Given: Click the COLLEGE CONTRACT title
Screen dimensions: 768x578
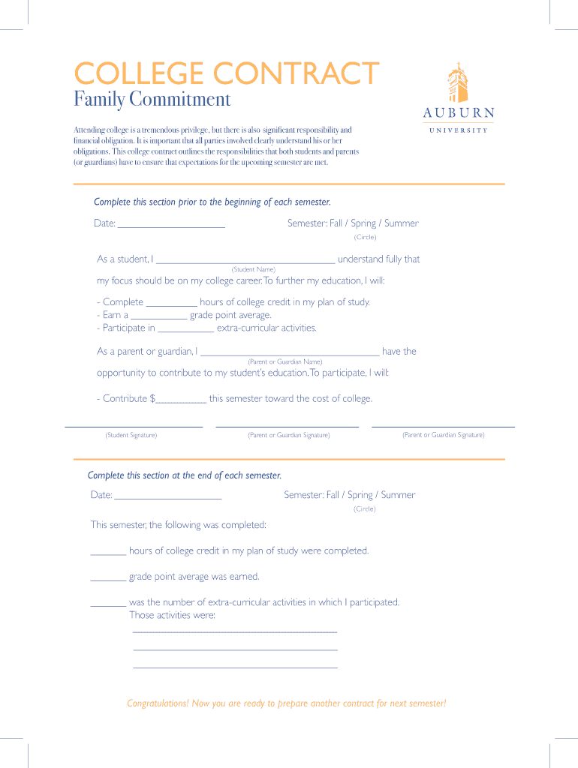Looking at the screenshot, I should pos(226,73).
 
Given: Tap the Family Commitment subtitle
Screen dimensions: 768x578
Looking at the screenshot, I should pos(152,99).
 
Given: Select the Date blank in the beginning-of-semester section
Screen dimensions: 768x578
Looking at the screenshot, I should pos(171,224).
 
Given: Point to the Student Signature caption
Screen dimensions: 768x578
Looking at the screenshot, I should pos(131,435).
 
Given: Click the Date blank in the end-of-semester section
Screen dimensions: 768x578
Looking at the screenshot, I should pos(168,496).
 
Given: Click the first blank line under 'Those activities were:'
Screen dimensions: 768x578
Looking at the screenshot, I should pos(235,631).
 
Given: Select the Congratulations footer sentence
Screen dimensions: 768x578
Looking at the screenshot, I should pos(286,703).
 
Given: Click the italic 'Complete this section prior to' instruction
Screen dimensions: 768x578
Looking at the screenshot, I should pos(212,202).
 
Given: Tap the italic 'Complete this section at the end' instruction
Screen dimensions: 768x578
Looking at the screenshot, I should pos(185,475).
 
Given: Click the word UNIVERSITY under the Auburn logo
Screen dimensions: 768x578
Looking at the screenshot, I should pos(458,130).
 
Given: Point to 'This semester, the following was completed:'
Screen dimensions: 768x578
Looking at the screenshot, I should pos(179,525).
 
